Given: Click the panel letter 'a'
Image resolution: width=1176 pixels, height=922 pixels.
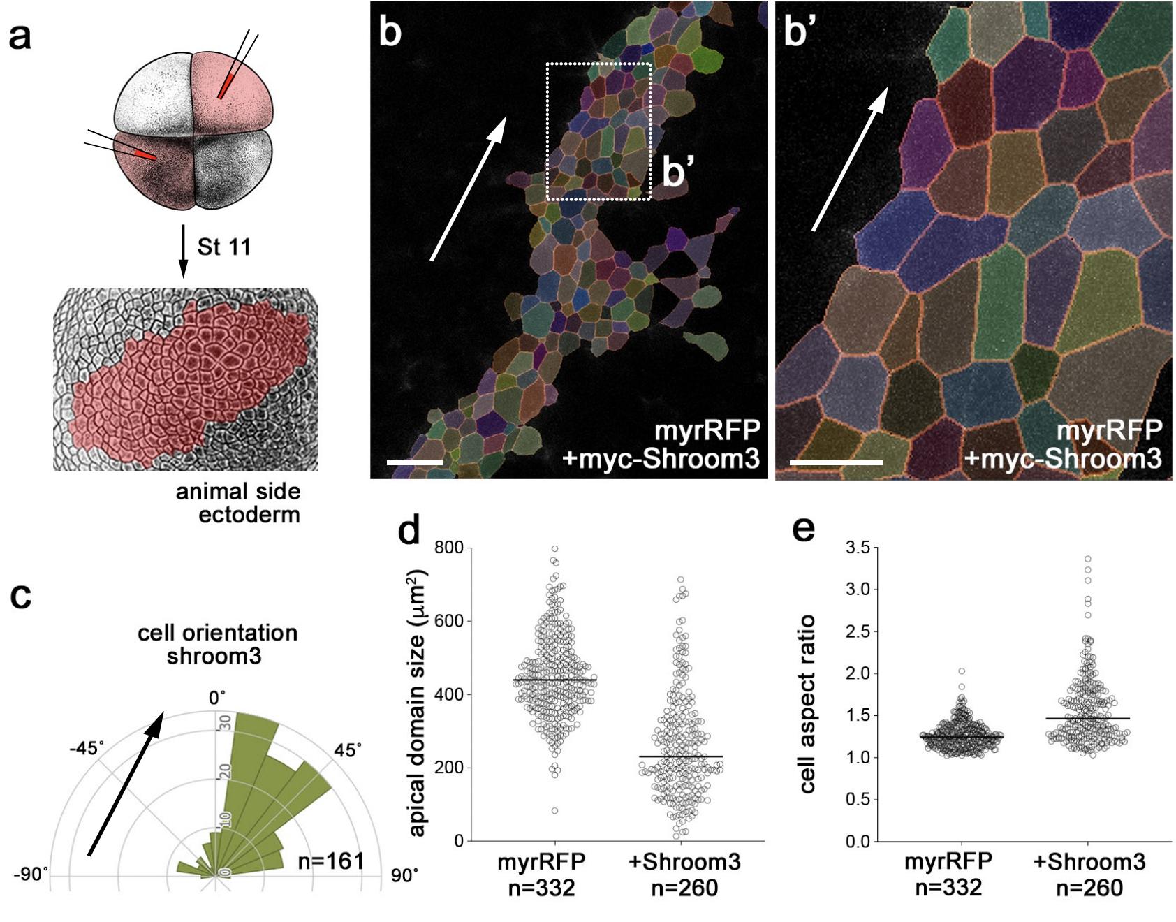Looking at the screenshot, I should click(20, 36).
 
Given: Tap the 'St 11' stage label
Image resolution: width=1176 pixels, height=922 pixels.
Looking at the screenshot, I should click(223, 247).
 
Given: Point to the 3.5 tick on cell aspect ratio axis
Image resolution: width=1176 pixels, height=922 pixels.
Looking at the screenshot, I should click(858, 548).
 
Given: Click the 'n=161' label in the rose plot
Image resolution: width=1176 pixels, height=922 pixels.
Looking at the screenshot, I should click(330, 861).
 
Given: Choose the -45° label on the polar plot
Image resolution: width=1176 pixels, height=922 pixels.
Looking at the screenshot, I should click(87, 749).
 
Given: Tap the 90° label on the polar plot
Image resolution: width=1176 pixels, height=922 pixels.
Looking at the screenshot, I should click(404, 876).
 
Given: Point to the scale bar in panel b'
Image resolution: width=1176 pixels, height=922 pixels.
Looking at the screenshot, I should click(836, 462).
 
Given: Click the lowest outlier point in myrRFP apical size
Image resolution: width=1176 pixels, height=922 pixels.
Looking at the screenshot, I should click(555, 811).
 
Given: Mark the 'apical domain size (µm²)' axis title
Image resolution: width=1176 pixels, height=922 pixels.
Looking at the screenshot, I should click(417, 702).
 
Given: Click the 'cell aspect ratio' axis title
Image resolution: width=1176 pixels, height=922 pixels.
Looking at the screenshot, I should click(807, 703).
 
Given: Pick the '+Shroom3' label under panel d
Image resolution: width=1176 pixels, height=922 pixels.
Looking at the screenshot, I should click(684, 862).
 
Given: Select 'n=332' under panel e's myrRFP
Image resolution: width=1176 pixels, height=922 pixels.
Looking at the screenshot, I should click(948, 888).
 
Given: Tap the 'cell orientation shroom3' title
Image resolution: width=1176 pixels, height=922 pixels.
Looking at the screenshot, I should click(217, 644).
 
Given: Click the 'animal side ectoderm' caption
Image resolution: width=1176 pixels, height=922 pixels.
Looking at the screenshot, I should click(238, 503).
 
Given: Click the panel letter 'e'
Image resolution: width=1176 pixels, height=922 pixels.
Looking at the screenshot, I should click(804, 529).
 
